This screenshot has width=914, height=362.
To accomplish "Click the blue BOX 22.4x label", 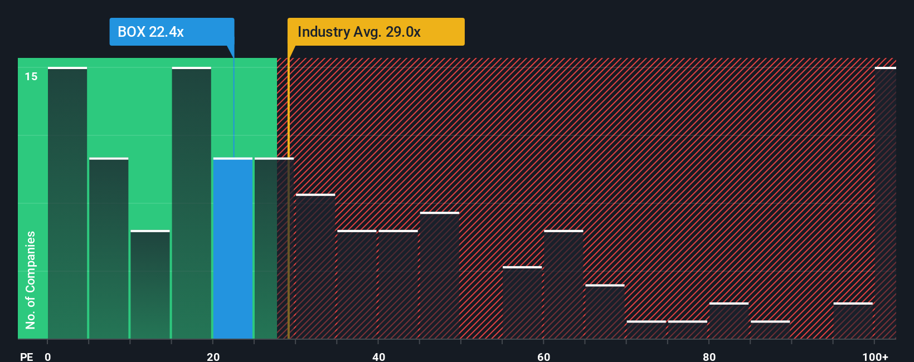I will click(172, 32).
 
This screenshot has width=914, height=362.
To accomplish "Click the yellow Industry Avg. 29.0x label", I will click(376, 32).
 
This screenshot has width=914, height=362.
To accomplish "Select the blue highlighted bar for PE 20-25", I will click(233, 248).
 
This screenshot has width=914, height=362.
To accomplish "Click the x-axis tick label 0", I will click(48, 356).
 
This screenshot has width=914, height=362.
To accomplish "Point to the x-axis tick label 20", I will click(213, 356).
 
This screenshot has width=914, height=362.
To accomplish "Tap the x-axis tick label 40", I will click(378, 356).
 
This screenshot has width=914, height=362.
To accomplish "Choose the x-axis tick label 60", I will click(544, 356).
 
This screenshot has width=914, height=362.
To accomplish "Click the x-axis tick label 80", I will click(709, 356).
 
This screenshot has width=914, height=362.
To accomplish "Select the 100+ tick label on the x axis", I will click(875, 356).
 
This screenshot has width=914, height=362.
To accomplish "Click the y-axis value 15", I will click(31, 76).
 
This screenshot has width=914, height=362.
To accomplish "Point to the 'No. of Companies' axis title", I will click(31, 280).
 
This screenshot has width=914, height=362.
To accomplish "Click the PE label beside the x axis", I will click(26, 356).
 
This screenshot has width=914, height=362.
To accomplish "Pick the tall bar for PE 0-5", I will click(67, 203).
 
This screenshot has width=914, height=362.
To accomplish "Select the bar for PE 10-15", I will click(150, 285).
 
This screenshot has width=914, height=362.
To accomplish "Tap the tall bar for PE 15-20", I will click(192, 203).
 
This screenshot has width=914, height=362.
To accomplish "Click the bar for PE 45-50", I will click(440, 276).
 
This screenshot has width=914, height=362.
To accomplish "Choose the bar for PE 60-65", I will click(563, 285).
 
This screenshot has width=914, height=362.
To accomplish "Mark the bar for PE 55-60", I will click(522, 303).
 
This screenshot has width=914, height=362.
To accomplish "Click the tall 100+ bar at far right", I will click(885, 203).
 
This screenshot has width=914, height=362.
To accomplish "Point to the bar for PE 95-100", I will click(853, 321).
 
